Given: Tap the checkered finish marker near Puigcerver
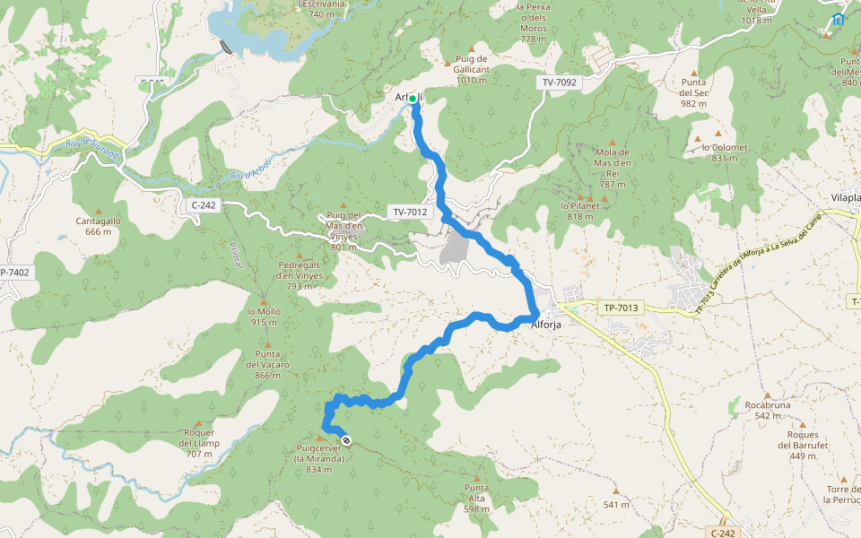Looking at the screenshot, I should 346,441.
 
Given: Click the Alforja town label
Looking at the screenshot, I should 546,325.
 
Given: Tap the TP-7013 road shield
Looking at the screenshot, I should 621,308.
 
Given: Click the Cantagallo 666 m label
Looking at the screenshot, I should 99,225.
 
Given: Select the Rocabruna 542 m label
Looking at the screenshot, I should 768,410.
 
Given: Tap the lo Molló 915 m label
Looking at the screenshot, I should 265,317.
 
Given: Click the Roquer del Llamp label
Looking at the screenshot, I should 199,443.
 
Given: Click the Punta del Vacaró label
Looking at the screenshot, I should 267,364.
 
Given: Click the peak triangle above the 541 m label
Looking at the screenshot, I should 616,491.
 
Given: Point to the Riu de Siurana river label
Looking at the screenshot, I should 92,145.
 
